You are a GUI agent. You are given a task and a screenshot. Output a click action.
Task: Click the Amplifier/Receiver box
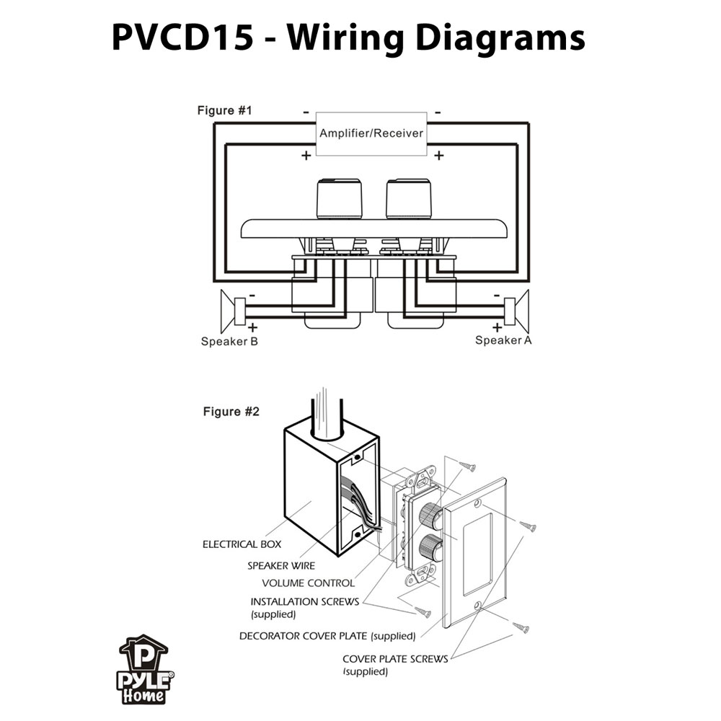click(x=371, y=133)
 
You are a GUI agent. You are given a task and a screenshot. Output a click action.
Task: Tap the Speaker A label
click(x=503, y=340)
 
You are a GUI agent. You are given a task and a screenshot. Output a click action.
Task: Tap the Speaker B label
click(x=229, y=341)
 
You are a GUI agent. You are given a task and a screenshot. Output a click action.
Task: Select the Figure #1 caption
click(x=225, y=111)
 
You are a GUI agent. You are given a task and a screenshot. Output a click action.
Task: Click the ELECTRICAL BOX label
click(x=242, y=544)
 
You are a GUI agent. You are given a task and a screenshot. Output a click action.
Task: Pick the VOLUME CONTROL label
click(x=308, y=583)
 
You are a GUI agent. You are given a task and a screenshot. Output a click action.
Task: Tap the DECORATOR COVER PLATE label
click(x=327, y=636)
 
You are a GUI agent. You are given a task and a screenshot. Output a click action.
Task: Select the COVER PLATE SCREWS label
click(x=394, y=658)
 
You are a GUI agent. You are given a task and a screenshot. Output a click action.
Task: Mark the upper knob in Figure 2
click(x=431, y=514)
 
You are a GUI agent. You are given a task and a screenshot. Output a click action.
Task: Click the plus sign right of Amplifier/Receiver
click(x=438, y=155)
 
